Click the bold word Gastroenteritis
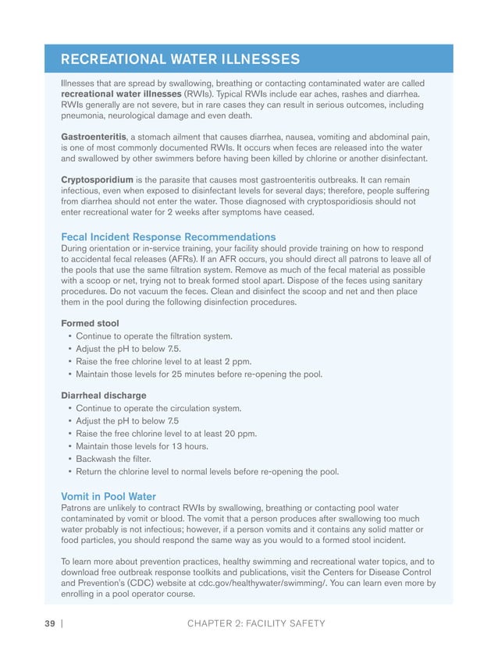(x=94, y=137)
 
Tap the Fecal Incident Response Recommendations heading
(x=168, y=236)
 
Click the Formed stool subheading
(x=91, y=323)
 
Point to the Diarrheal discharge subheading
(x=103, y=395)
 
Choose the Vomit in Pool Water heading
(x=108, y=496)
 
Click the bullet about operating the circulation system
(x=158, y=408)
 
